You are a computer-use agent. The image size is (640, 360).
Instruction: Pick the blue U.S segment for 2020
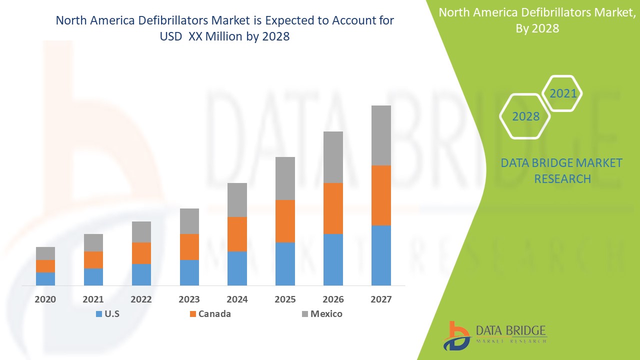[x=45, y=279]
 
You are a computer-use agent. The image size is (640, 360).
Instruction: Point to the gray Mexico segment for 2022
[x=141, y=232]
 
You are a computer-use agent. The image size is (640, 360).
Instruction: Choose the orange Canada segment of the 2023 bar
[x=189, y=247]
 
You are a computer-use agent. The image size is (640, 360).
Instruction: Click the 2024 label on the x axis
[x=237, y=299]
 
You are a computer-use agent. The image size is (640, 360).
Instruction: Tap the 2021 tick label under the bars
[x=93, y=299]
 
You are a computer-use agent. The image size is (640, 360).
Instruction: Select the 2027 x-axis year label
[x=381, y=299]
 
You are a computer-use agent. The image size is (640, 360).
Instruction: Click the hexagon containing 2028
[x=525, y=116]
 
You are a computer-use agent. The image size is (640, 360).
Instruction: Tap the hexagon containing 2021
[x=563, y=93]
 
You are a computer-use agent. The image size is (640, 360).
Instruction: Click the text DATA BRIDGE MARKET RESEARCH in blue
[x=562, y=170]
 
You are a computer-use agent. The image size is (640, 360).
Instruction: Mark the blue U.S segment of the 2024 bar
[x=237, y=268]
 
